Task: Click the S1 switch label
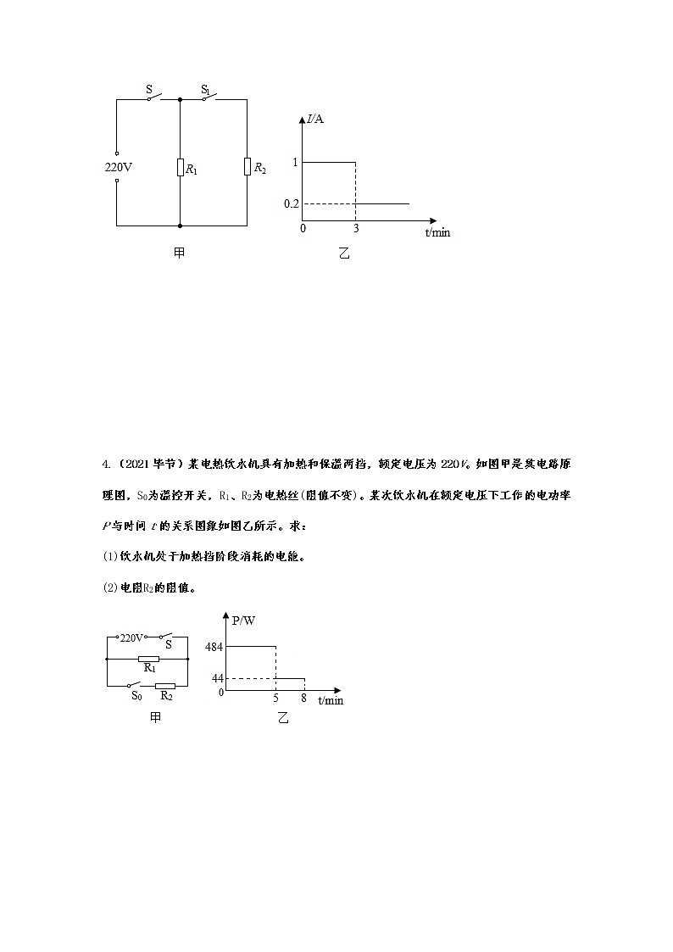point(205,89)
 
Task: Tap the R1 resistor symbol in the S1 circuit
point(181,166)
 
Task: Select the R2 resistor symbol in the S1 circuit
point(247,166)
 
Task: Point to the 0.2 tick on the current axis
point(292,204)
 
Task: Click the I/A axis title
point(315,119)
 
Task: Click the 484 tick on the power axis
point(214,647)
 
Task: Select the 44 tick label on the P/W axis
point(216,678)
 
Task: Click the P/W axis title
point(243,621)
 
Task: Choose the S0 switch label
point(136,696)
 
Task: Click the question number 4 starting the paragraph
point(105,464)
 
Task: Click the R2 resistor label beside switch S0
point(166,696)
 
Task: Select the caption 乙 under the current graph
point(343,253)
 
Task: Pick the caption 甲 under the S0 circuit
point(155,718)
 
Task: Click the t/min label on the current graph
point(437,232)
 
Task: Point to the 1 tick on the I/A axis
point(295,161)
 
